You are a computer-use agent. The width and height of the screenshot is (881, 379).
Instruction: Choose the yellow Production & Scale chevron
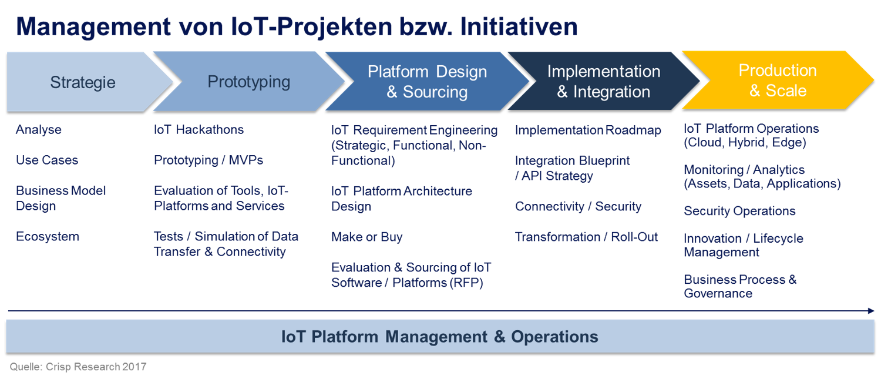(x=778, y=81)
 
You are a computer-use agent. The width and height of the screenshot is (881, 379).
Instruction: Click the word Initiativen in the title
(x=519, y=27)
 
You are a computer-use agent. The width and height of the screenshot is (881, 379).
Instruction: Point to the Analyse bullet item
(x=39, y=129)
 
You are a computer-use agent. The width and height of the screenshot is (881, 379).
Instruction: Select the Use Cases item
(x=47, y=160)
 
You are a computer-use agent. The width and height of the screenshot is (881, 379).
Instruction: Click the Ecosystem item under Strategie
(x=48, y=237)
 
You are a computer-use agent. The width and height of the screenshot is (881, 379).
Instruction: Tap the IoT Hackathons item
(x=199, y=129)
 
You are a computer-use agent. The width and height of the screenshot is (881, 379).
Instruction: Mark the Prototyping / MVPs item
(x=209, y=160)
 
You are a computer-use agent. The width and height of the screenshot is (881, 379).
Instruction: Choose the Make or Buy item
(x=366, y=237)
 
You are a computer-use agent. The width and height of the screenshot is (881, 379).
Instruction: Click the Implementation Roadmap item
(x=588, y=130)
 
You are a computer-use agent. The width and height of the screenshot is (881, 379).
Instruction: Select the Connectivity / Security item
(x=578, y=206)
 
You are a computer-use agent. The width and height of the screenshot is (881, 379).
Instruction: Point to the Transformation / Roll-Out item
(x=586, y=237)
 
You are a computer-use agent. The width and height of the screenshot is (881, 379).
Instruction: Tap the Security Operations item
(x=739, y=211)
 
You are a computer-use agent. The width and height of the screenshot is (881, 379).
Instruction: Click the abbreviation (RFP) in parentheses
(x=466, y=283)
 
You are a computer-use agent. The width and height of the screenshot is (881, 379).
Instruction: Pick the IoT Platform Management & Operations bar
(x=440, y=337)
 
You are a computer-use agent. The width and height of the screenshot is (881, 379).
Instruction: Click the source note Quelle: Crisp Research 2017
(x=78, y=367)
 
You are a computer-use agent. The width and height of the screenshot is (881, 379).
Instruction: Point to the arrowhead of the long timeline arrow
(x=871, y=311)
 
